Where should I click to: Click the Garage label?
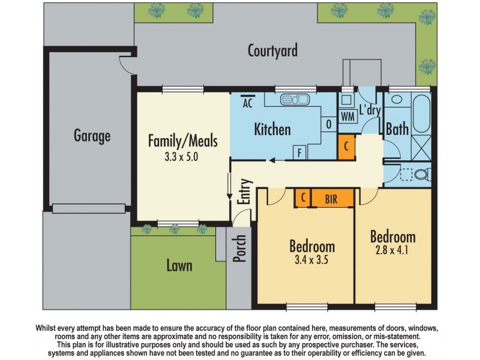(x=92, y=136)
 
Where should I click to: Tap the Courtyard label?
(x=272, y=50)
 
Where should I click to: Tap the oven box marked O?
(x=329, y=125)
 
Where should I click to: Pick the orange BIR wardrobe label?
(x=331, y=198)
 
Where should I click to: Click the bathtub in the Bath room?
(x=421, y=113)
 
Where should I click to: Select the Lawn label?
(x=179, y=265)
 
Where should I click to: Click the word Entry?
(x=245, y=191)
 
